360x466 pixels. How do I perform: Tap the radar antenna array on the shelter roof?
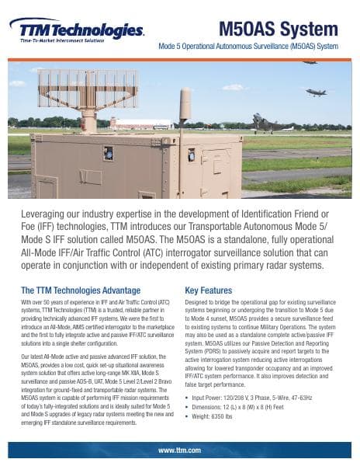pyautogui.click(x=87, y=89)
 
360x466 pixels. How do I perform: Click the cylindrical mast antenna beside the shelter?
pyautogui.click(x=185, y=113)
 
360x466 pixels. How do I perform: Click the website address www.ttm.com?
pyautogui.click(x=179, y=450)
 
